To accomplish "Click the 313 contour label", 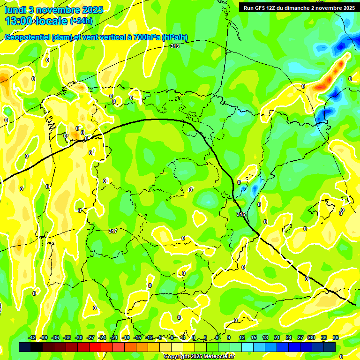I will pyautogui.click(x=175, y=46).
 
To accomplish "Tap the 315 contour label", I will pyautogui.click(x=241, y=214).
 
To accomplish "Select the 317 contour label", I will pyautogui.click(x=112, y=231).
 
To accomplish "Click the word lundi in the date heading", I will pyautogui.click(x=15, y=10).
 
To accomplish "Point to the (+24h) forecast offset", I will pyautogui.click(x=81, y=21).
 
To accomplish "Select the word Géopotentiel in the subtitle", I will pyautogui.click(x=27, y=37).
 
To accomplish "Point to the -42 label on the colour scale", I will pyautogui.click(x=32, y=338).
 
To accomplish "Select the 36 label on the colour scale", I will pyautogui.click(x=336, y=338).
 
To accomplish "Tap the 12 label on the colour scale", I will pyautogui.click(x=242, y=338).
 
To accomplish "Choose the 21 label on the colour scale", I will pyautogui.click(x=277, y=338).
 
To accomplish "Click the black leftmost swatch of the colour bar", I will pyautogui.click(x=25, y=347).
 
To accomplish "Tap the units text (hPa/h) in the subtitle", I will pyautogui.click(x=174, y=37).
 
